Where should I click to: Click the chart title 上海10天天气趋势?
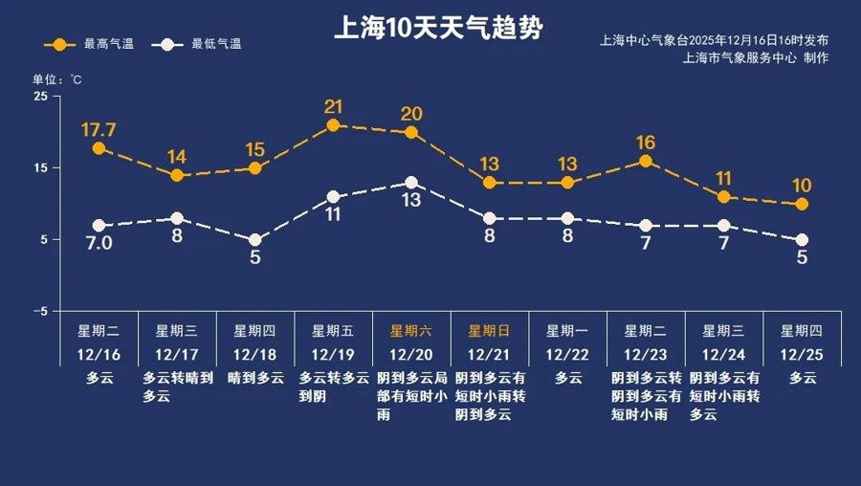point(437,27)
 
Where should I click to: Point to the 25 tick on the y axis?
point(40,97)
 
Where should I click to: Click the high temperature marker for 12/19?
point(333,125)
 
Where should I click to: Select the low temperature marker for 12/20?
point(411,183)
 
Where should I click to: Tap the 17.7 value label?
point(99,129)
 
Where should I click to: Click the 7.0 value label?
point(99,244)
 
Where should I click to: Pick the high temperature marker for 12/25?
point(802,204)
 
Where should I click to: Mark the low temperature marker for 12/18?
point(254,240)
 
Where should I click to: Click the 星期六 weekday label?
point(411,331)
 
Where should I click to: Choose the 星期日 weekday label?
point(489,331)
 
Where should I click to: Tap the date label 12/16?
point(99,354)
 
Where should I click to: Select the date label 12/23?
point(646,354)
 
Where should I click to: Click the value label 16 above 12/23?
point(646,143)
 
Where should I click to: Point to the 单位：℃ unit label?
point(58,79)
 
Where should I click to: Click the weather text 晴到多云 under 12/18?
point(254,378)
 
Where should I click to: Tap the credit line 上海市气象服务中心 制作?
point(756,57)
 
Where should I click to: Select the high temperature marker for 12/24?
point(723,197)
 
